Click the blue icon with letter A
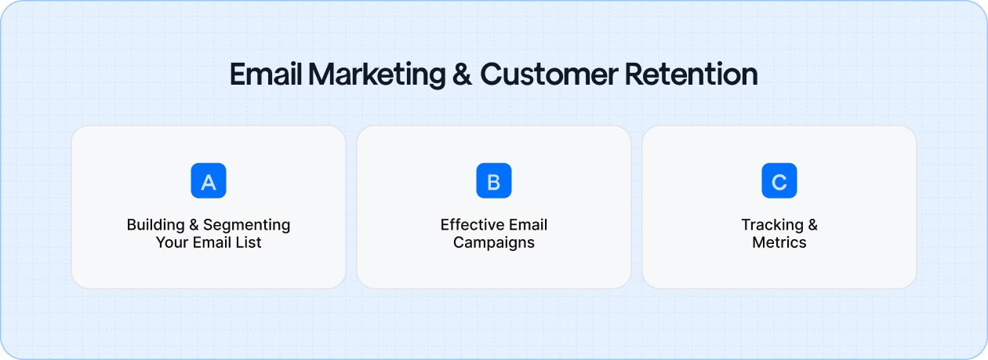(x=209, y=180)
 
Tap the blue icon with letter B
(x=494, y=180)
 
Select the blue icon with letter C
(x=779, y=180)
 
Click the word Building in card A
(x=154, y=225)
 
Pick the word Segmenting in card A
(x=247, y=225)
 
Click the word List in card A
(x=247, y=242)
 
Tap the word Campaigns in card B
(x=494, y=242)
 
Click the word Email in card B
(x=527, y=225)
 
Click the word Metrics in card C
(x=779, y=242)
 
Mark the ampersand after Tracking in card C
(x=812, y=225)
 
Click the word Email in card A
(x=210, y=242)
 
